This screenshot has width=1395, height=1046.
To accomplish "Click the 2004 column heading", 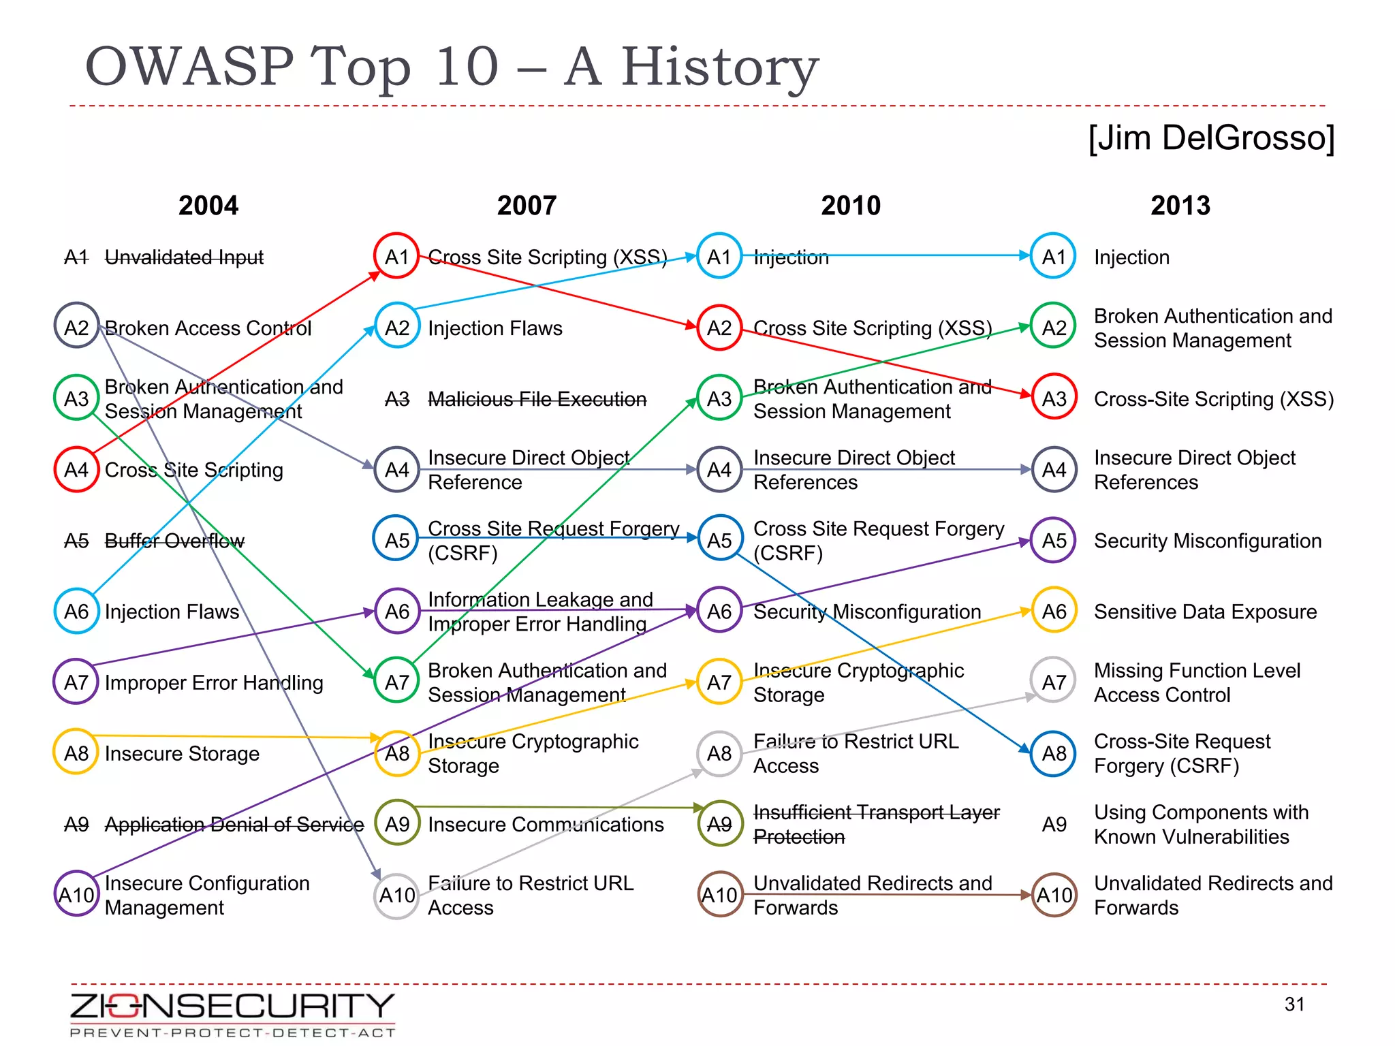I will [208, 206].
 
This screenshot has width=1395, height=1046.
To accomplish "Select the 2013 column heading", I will [1180, 206].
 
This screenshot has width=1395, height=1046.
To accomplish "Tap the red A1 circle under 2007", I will [396, 256].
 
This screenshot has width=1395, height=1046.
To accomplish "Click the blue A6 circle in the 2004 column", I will [76, 611].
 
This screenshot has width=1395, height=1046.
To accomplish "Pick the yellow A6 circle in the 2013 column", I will [1054, 610].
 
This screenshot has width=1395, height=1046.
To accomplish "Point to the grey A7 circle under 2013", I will [1054, 681].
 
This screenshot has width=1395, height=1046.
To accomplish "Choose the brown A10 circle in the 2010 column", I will [720, 894].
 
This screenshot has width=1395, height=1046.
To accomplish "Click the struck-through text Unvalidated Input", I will [184, 257].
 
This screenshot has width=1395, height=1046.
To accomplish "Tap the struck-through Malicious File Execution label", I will [537, 399].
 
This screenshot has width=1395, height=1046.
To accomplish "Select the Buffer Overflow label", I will [174, 541].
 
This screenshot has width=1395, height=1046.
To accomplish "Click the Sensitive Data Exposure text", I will [1205, 612].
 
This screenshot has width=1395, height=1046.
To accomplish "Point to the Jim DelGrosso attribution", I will [1211, 138].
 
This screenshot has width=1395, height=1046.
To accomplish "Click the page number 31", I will [1294, 1004].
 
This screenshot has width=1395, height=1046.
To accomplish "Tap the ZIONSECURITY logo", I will [232, 1013].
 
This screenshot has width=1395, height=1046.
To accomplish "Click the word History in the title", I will [719, 67].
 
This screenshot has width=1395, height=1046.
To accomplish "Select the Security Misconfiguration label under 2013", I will [1207, 541].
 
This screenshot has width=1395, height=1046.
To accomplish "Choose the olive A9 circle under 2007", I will [396, 823].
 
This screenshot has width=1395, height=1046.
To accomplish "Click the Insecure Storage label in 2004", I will [182, 753].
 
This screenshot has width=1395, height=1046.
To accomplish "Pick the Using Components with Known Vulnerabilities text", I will [1200, 824].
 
